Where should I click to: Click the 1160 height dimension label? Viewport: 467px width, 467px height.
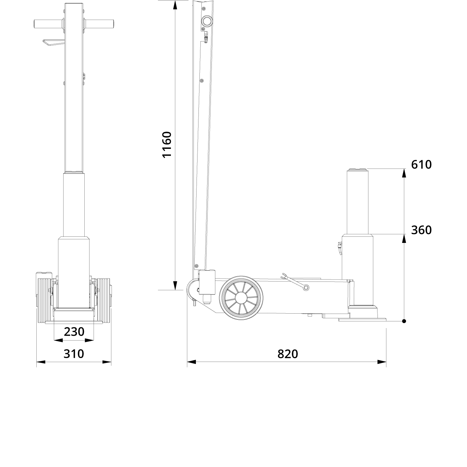pyautogui.click(x=167, y=145)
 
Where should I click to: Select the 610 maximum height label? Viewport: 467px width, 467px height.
pyautogui.click(x=421, y=165)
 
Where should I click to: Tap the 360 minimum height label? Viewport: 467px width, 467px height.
pyautogui.click(x=421, y=230)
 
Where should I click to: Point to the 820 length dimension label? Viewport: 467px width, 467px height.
pyautogui.click(x=287, y=354)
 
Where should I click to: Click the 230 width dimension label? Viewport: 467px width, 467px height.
pyautogui.click(x=74, y=332)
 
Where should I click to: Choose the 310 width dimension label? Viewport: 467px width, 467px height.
pyautogui.click(x=74, y=354)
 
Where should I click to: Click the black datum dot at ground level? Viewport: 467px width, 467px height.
pyautogui.click(x=404, y=321)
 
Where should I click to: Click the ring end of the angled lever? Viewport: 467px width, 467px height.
pyautogui.click(x=305, y=287)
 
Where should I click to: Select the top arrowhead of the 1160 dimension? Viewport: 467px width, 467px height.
pyautogui.click(x=175, y=5)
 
